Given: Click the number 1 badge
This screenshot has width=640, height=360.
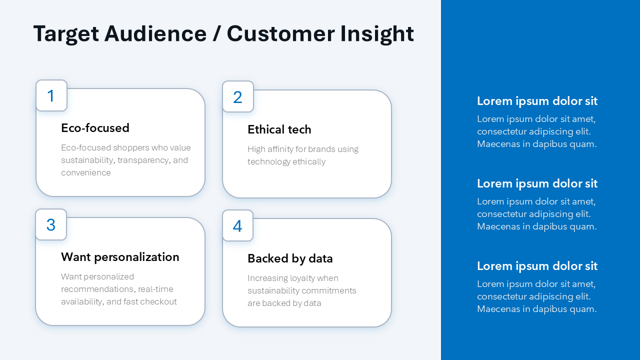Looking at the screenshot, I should pos(51,95).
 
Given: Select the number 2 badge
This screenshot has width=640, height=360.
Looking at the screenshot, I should pos(237,97).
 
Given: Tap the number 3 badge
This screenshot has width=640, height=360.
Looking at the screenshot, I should pos(51,224).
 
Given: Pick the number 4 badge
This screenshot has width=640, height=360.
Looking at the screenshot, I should pos(237,226).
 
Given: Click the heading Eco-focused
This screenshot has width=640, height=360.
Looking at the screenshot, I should pos(95,128).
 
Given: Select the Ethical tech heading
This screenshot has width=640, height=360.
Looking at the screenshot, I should pos(279,129).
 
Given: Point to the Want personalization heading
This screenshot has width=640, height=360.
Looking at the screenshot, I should pos(120,257).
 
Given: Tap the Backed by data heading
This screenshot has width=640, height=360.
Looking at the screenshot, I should pos(290,258).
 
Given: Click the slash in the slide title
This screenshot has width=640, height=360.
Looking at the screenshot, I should pos(216,34).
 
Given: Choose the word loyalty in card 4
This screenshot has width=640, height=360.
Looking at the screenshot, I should pos(301,278).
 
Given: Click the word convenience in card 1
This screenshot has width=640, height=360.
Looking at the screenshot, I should pos(86,173).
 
